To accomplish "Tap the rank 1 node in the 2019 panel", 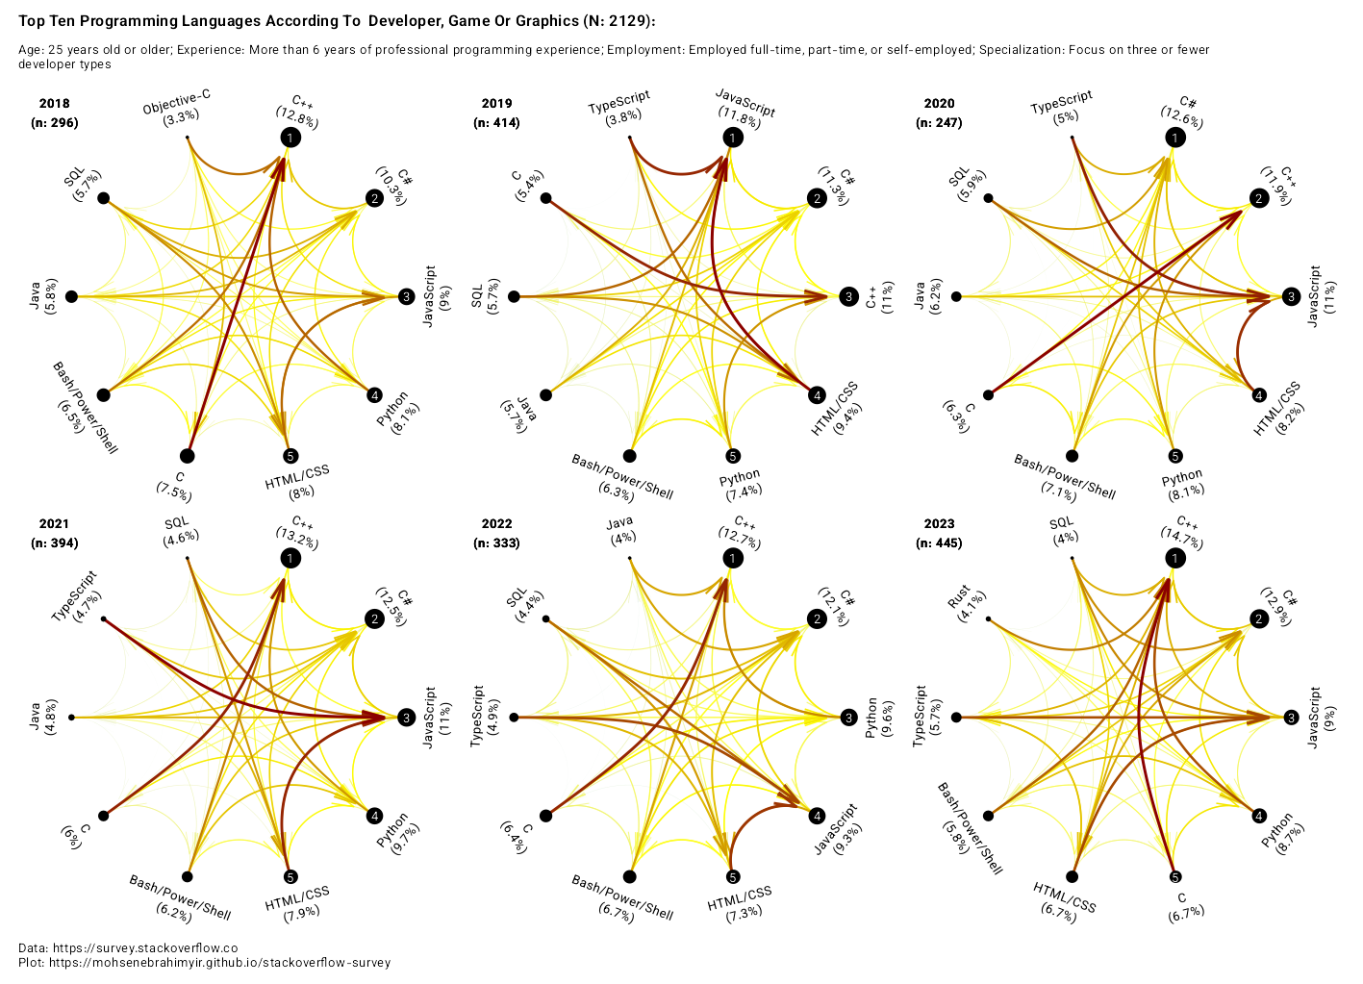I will (x=733, y=139).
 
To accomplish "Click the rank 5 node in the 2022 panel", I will (x=733, y=876).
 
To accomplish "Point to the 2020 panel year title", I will (x=939, y=104).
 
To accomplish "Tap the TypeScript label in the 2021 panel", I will (x=76, y=596).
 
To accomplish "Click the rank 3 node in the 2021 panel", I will (x=407, y=718).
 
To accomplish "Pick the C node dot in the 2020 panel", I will (x=988, y=394).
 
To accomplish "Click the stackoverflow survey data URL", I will (x=144, y=947).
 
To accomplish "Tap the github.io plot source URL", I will (x=220, y=962).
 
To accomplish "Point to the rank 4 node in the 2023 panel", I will (x=1259, y=816).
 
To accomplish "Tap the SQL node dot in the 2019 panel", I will (x=514, y=296).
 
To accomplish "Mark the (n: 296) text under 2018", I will (x=55, y=123).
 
